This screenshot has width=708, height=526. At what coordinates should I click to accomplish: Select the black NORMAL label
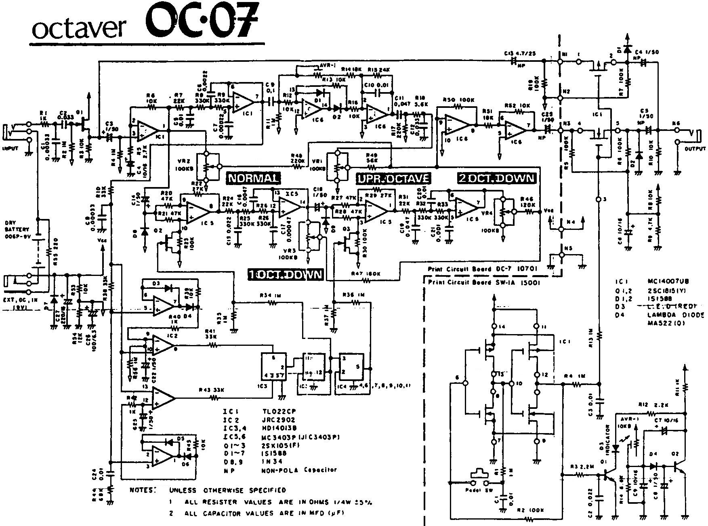click(253, 178)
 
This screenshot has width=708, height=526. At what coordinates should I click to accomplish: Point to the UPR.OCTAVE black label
click(393, 178)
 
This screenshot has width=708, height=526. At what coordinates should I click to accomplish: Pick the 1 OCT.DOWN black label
click(286, 275)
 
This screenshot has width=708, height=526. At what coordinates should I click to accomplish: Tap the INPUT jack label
click(11, 149)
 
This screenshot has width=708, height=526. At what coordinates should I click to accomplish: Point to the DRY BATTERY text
click(15, 227)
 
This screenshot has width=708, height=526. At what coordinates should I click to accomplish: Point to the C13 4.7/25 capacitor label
click(520, 53)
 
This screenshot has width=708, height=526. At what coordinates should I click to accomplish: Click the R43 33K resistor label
click(211, 390)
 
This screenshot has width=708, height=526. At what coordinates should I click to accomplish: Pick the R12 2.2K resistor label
click(649, 405)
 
